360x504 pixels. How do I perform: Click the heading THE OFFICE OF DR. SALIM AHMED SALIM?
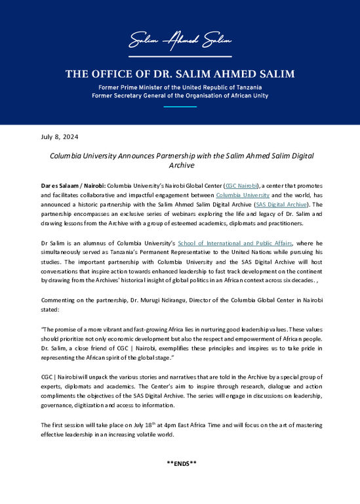180,73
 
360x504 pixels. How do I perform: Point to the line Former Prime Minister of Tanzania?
180,87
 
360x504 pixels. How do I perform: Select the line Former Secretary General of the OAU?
180,96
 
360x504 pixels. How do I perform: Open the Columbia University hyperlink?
237,196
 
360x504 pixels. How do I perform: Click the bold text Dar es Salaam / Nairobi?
72,187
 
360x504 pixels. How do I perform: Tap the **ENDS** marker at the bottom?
180,463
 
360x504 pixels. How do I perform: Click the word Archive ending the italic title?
180,166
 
